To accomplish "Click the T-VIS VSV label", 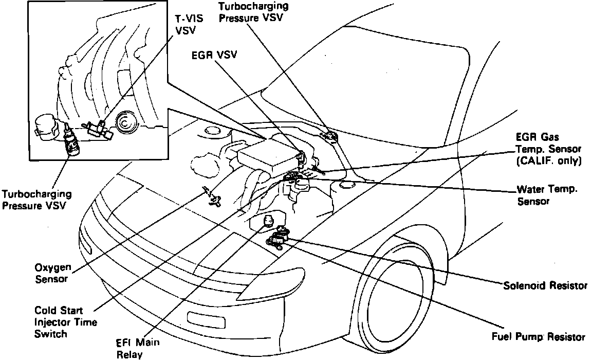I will [189, 24].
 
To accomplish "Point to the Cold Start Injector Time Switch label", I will [65, 322].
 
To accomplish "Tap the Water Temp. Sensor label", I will [547, 195].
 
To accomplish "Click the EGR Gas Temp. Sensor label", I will [548, 143].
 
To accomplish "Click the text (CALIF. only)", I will [548, 160].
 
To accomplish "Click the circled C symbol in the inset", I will [124, 123].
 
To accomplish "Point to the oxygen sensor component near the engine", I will [213, 196].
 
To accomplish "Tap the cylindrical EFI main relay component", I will [268, 221].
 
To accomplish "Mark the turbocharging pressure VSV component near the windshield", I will [327, 135].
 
